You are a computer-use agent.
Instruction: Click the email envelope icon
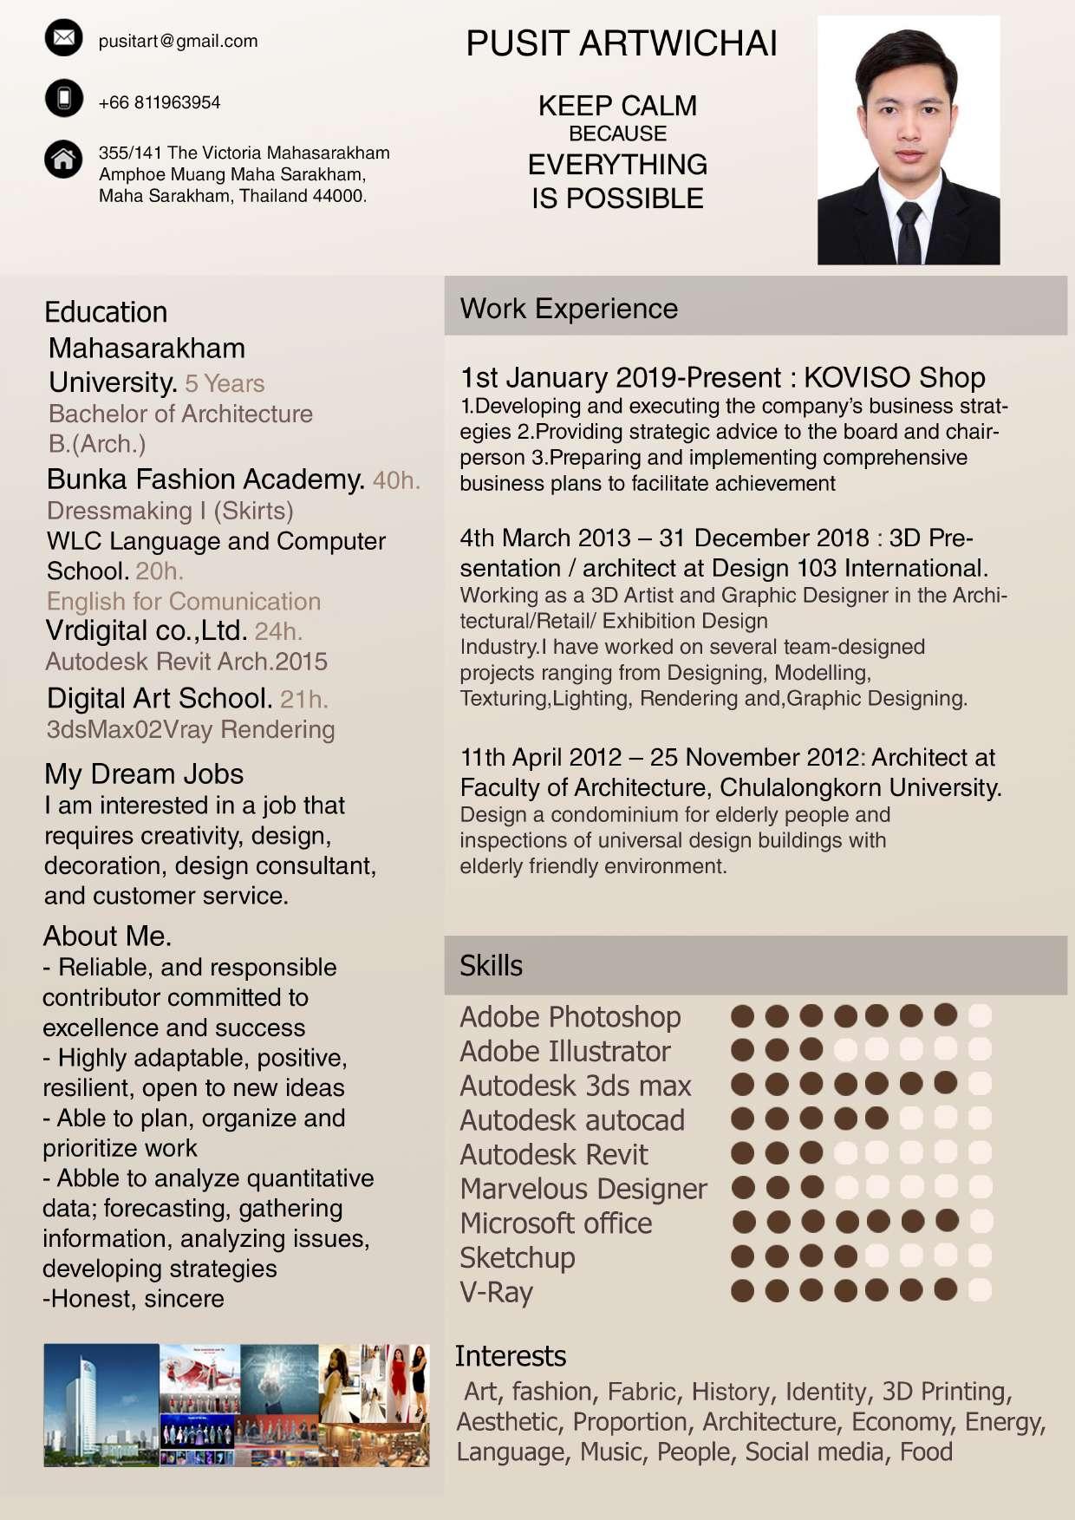tap(63, 38)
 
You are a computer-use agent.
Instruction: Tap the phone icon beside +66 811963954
tap(63, 98)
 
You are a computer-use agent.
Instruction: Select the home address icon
tap(63, 160)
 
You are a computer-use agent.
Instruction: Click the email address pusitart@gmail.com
tap(178, 41)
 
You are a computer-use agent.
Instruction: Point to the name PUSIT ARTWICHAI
tap(621, 43)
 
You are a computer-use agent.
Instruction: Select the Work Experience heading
tap(569, 309)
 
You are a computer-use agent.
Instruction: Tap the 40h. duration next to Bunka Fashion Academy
tap(396, 480)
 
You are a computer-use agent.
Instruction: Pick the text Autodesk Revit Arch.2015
tap(186, 662)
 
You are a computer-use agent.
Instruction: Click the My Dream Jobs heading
tap(144, 773)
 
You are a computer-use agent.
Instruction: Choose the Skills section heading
tap(491, 966)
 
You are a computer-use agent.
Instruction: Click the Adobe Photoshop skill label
tap(570, 1016)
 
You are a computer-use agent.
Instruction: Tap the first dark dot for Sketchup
tap(742, 1256)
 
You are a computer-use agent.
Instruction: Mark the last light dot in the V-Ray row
tap(980, 1290)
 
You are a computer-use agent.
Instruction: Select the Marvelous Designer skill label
tap(583, 1189)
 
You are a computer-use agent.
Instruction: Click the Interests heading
tap(511, 1356)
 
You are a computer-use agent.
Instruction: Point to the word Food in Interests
tap(926, 1452)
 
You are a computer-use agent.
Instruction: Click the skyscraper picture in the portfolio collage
tap(101, 1405)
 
